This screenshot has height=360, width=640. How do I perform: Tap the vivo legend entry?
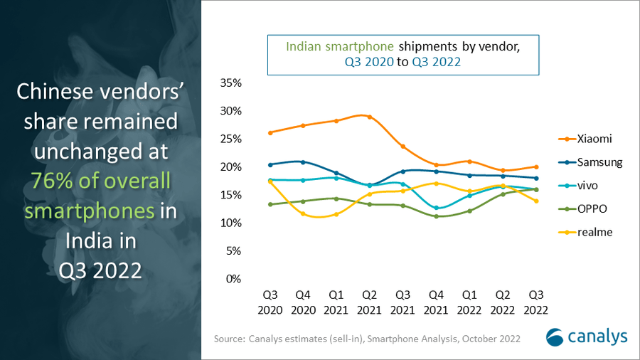click(x=587, y=186)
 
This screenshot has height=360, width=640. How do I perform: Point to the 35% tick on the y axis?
click(x=232, y=83)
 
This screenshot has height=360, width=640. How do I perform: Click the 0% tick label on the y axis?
click(x=235, y=279)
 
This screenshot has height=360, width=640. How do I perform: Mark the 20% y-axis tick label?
click(x=232, y=166)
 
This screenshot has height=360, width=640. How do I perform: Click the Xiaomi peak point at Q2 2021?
click(x=370, y=117)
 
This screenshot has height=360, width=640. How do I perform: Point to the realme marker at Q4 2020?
click(x=304, y=213)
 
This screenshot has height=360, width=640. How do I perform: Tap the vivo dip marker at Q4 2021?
click(x=436, y=208)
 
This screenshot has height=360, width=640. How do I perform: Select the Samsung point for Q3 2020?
click(x=270, y=164)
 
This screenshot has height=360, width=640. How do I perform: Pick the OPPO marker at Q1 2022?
click(x=469, y=211)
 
